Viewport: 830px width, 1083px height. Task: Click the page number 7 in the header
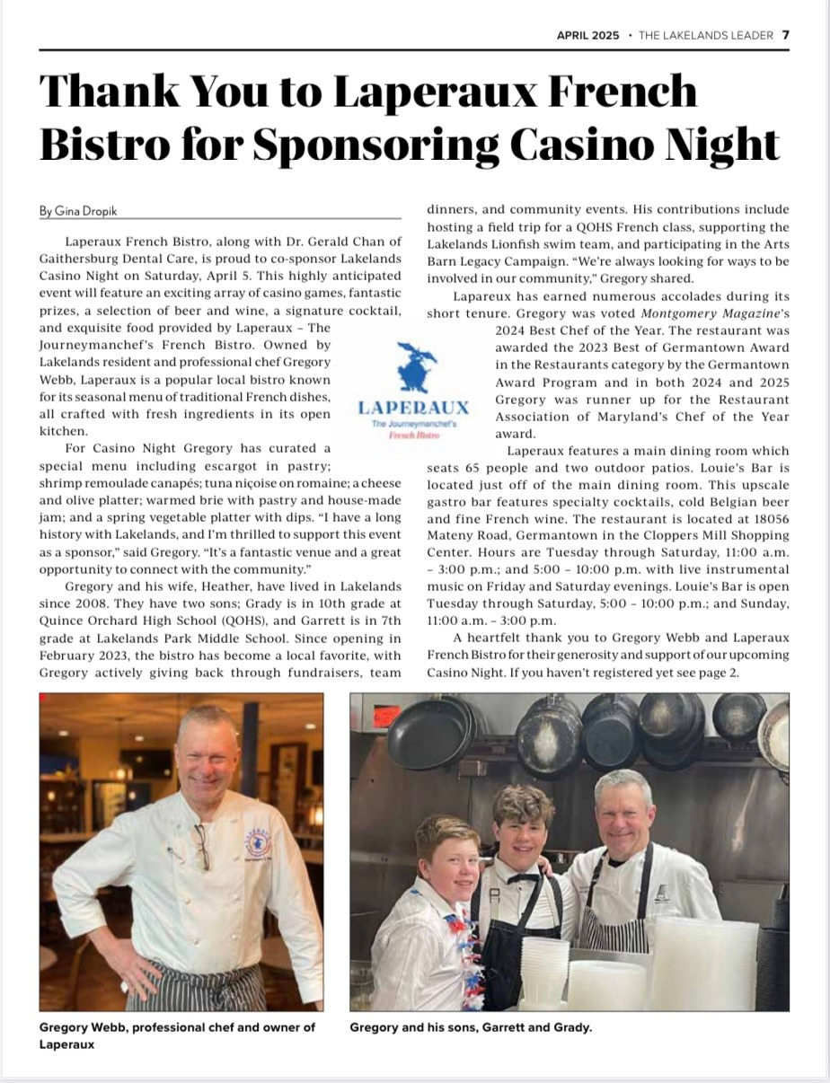click(785, 35)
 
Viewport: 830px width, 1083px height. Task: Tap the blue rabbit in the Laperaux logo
click(416, 365)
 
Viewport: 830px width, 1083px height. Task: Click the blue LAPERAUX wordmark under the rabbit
click(413, 407)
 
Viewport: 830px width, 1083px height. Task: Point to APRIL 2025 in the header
click(587, 35)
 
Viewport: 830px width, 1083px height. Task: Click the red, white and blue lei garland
click(466, 961)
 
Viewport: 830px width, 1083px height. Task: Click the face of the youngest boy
click(448, 859)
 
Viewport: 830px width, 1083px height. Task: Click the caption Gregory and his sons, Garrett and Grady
click(471, 1027)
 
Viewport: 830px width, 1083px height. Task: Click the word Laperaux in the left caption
click(67, 1045)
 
